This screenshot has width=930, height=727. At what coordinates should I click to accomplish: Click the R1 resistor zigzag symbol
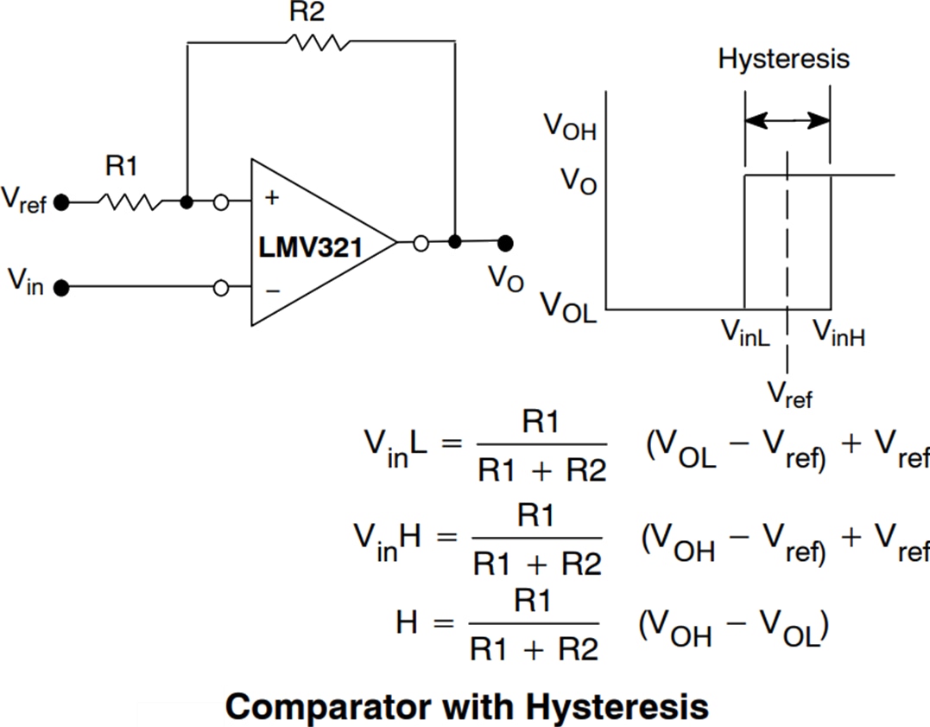pos(129,202)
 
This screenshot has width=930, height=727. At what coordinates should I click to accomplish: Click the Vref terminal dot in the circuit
pos(60,202)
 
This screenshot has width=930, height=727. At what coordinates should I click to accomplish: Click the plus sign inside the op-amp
pos(272,198)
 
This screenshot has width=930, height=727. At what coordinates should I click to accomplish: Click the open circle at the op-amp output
pos(421,243)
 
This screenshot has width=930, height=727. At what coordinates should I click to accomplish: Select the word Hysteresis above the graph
pos(784,59)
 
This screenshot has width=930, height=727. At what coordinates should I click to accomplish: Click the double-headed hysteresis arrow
pos(787,120)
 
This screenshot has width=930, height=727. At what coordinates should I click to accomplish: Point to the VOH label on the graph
pos(570,127)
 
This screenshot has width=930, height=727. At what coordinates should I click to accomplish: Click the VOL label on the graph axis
pos(568,306)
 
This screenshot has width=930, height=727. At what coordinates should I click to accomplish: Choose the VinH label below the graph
pos(838,333)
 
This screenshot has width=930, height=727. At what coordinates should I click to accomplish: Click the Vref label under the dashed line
pos(790,394)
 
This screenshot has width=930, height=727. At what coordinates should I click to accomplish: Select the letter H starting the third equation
pos(408,624)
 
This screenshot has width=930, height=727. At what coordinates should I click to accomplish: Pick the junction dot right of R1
pos(187,202)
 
